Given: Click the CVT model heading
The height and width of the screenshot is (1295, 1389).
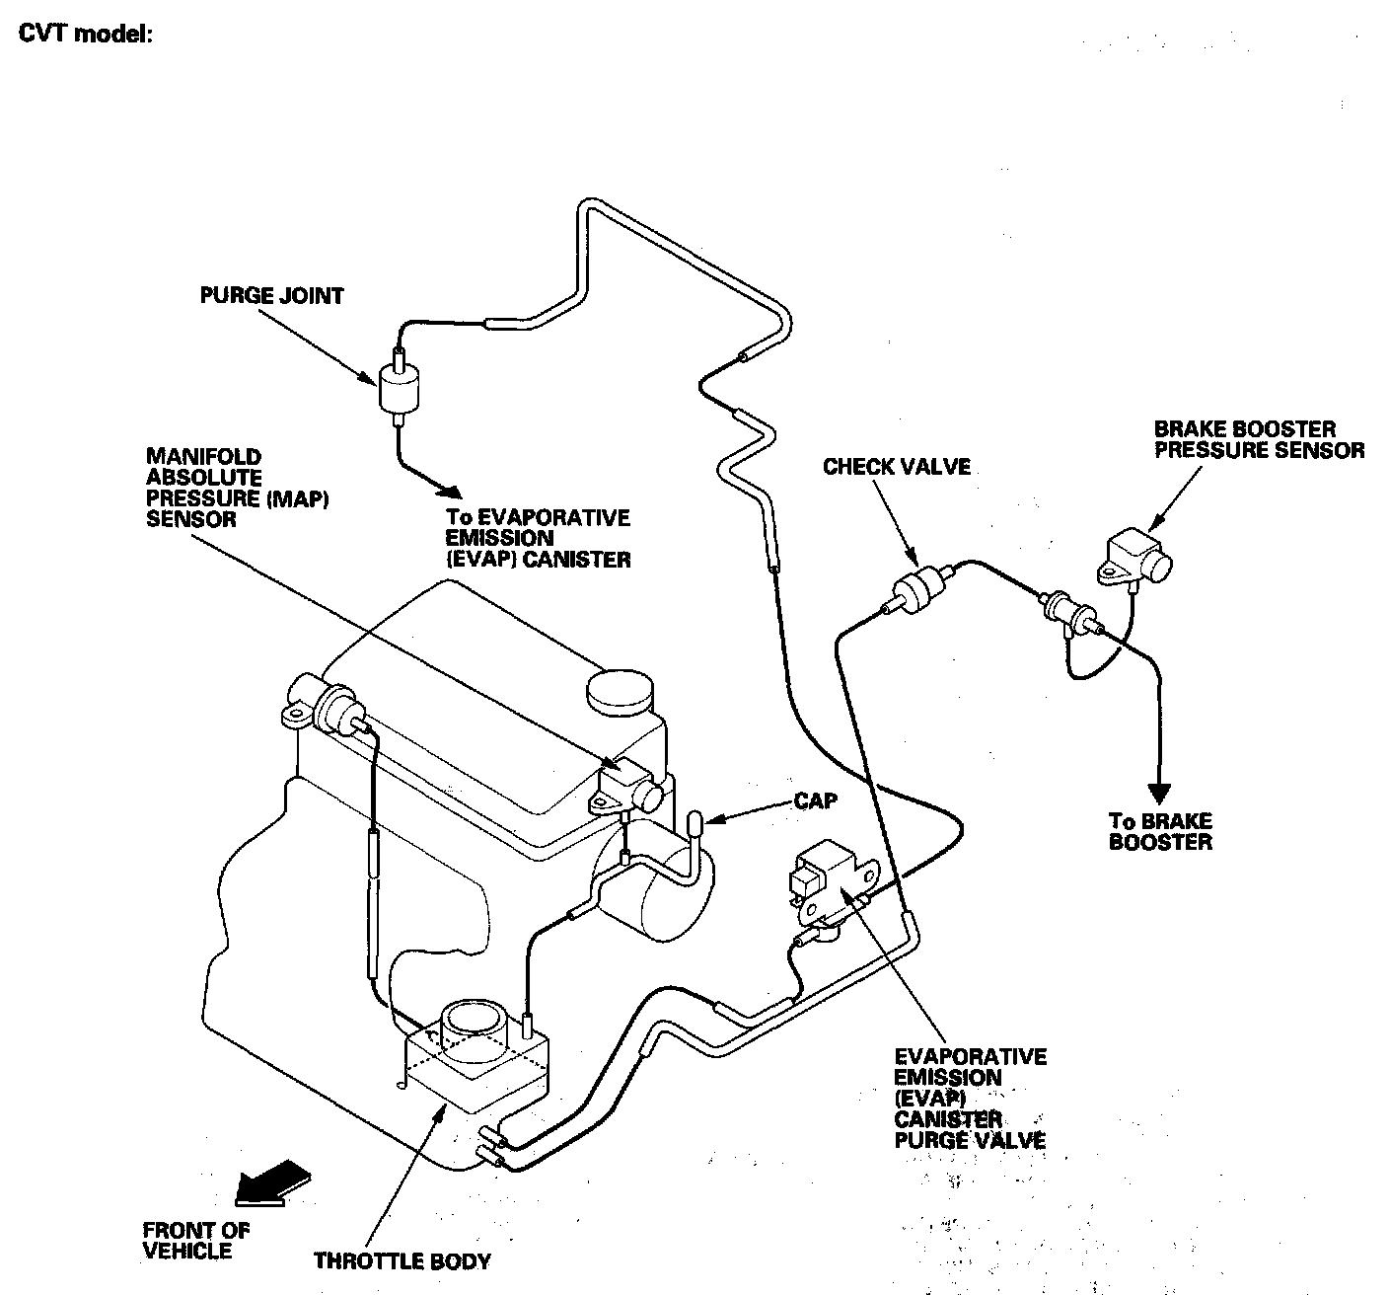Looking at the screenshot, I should click(x=85, y=34).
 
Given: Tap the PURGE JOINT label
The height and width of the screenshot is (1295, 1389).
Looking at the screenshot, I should click(x=271, y=295).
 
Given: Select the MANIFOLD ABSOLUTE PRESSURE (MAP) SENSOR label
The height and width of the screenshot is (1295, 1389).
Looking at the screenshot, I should click(x=237, y=488).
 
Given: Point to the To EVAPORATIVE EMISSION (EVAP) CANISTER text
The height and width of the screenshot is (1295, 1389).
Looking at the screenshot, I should click(x=537, y=538).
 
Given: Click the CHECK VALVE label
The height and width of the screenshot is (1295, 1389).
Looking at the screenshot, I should click(x=896, y=467).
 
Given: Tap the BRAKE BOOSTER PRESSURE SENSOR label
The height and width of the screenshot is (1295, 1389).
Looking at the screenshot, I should click(x=1259, y=440).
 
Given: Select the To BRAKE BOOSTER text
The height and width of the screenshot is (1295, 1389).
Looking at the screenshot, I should click(x=1160, y=831).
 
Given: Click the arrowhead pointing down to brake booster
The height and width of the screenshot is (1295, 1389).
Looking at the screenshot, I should click(x=1159, y=794).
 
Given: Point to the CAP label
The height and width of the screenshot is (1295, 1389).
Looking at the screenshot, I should click(x=815, y=800).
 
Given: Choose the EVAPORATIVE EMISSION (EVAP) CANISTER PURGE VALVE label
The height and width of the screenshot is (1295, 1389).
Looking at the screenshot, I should click(x=969, y=1099).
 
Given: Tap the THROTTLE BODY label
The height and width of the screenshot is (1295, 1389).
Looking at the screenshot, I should click(x=402, y=1260).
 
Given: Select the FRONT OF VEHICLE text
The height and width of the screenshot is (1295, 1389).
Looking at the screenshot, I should click(x=196, y=1240).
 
